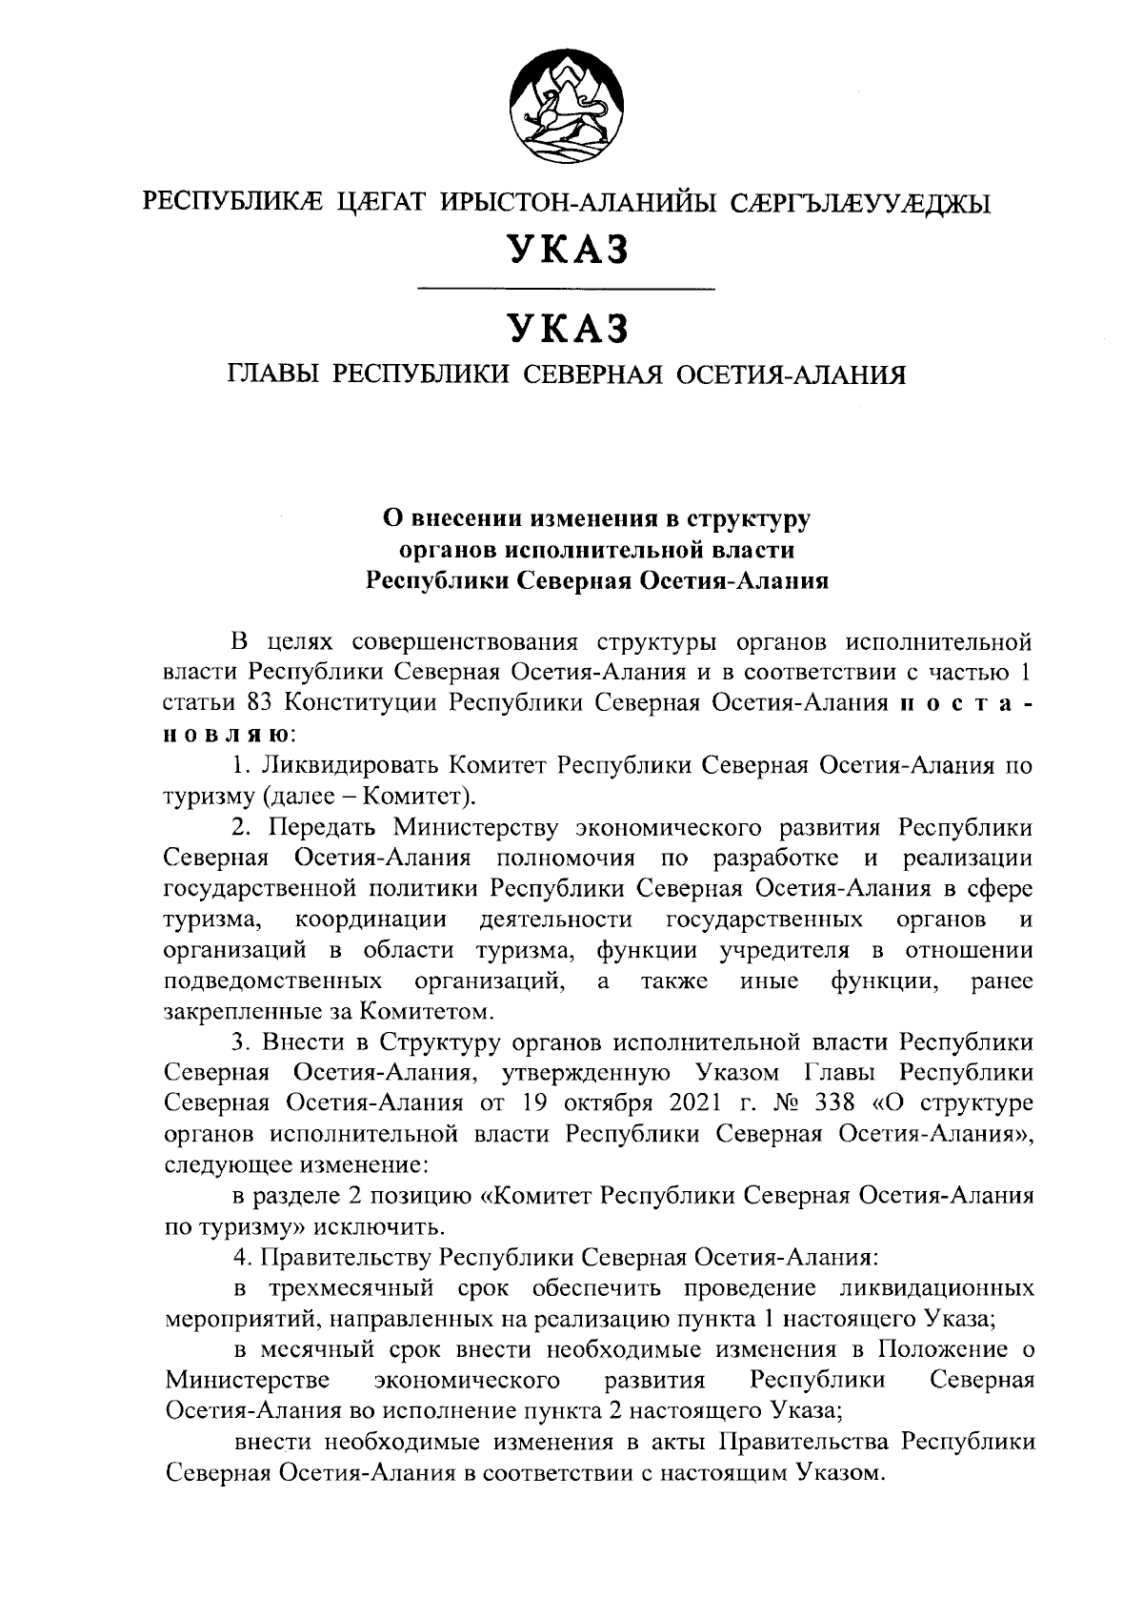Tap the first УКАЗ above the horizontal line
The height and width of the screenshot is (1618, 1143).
568,250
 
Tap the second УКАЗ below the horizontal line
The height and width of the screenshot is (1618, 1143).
568,329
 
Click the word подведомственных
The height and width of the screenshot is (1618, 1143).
273,981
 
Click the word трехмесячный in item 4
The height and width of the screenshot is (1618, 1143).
354,1288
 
